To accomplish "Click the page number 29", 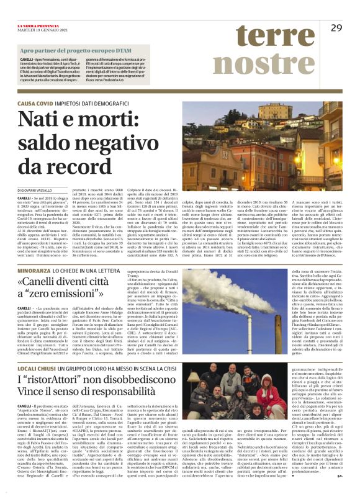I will click(x=336, y=27).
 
